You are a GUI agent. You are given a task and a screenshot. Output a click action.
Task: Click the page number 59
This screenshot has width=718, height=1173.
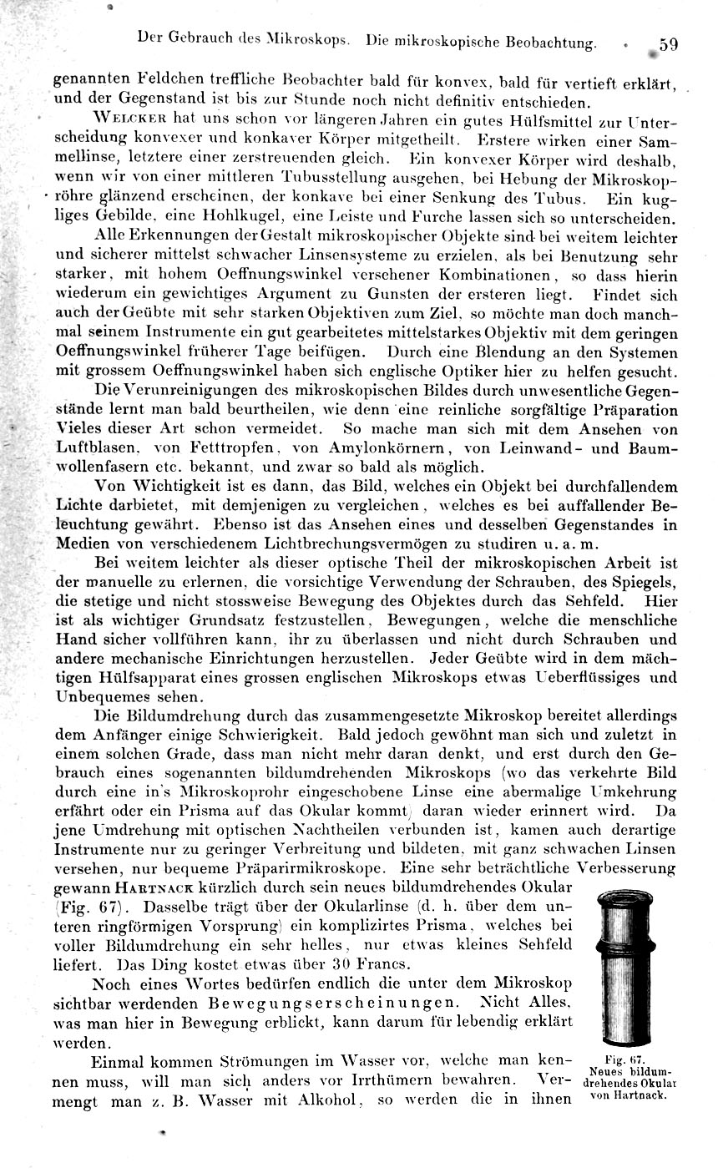[667, 44]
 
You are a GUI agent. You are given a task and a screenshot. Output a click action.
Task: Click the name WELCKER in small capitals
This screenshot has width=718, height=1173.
[127, 119]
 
